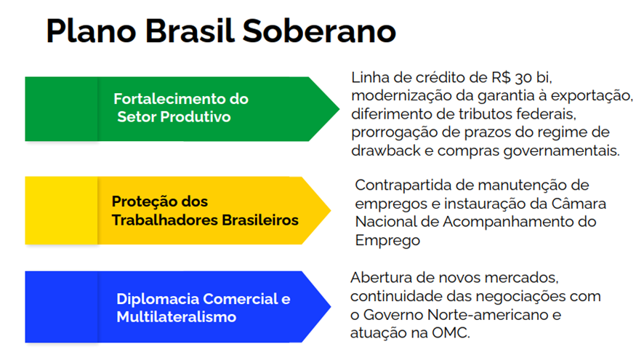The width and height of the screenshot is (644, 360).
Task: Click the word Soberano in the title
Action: pyautogui.click(x=319, y=31)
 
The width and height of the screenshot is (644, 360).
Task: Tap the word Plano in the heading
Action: pyautogui.click(x=91, y=31)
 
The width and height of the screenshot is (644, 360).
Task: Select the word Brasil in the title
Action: pyautogui.click(x=190, y=31)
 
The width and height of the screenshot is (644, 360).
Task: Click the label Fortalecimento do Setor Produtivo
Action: pyautogui.click(x=181, y=108)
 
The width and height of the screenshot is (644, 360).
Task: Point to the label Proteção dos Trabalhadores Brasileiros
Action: pyautogui.click(x=205, y=211)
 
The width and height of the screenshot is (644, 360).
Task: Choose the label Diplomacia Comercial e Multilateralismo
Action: pyautogui.click(x=204, y=308)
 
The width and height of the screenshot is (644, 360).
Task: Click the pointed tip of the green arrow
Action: pyautogui.click(x=339, y=109)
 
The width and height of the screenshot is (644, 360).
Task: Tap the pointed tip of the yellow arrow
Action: pyautogui.click(x=331, y=210)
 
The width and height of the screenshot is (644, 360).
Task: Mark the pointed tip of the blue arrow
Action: pyautogui.click(x=331, y=306)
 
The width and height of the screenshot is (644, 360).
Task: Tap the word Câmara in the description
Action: pyautogui.click(x=579, y=204)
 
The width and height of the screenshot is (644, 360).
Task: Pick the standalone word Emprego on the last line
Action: pyautogui.click(x=387, y=241)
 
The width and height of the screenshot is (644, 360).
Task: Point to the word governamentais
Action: pyautogui.click(x=561, y=151)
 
